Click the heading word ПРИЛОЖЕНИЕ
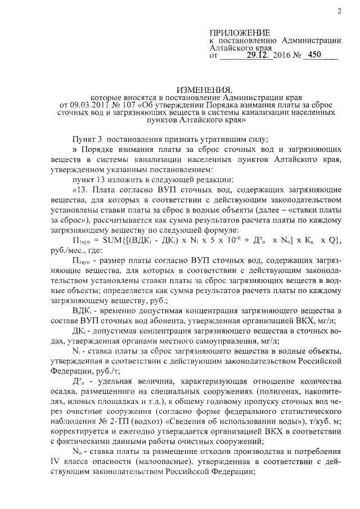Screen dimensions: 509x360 pyautogui.click(x=240, y=33)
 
